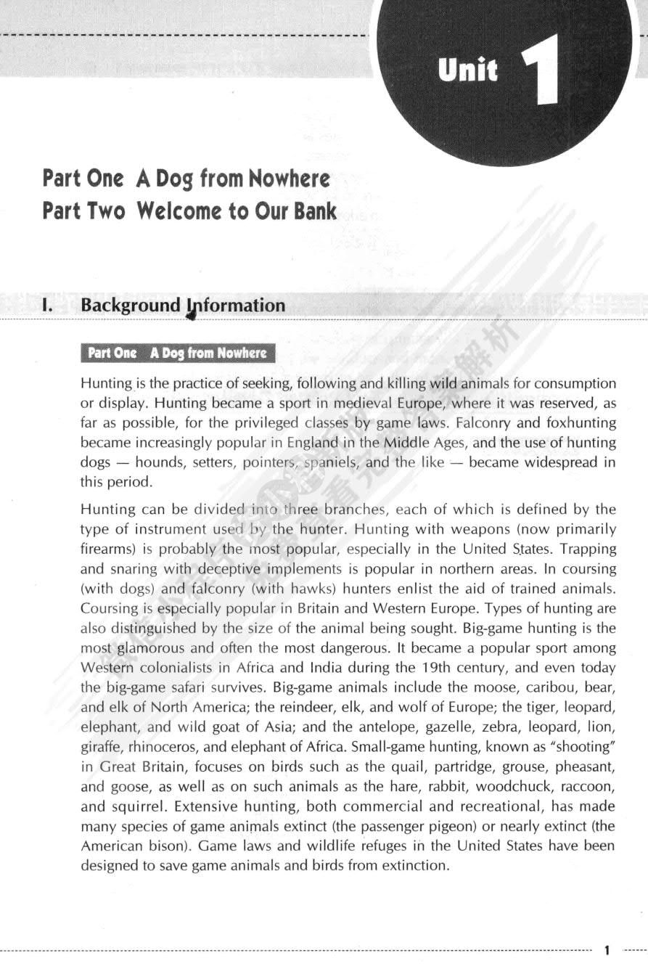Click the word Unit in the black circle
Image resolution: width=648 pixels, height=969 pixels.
point(468,71)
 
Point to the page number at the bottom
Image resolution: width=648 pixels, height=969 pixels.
point(607,949)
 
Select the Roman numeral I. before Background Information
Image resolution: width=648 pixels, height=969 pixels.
point(47,306)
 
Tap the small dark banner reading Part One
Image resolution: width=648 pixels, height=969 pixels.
point(177,353)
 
